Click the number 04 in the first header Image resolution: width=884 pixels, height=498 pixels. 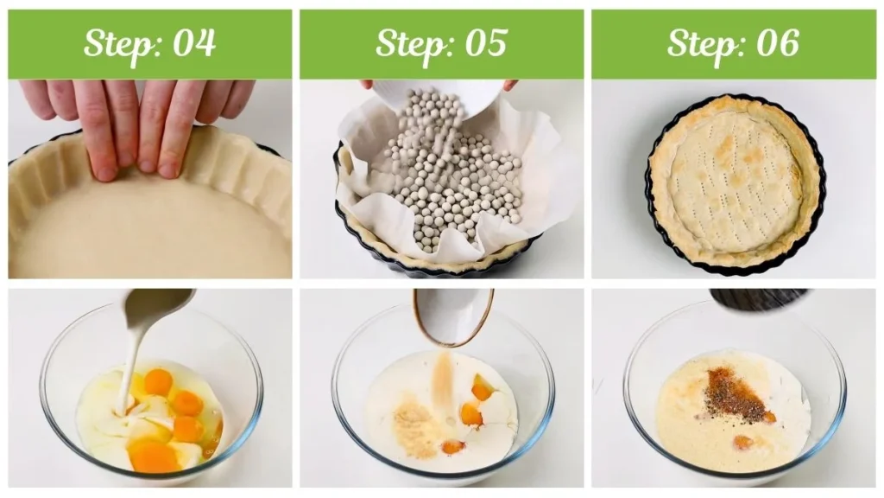click(x=194, y=43)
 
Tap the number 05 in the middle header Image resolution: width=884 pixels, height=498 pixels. click(x=486, y=43)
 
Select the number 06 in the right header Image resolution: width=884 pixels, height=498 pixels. click(x=778, y=43)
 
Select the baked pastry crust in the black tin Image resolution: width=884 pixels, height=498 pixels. click(x=735, y=183)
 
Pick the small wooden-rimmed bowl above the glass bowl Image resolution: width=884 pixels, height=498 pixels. click(x=453, y=316)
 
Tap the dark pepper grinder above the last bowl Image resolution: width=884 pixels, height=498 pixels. click(x=758, y=299)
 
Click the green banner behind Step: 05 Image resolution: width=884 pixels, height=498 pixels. click(x=441, y=44)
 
